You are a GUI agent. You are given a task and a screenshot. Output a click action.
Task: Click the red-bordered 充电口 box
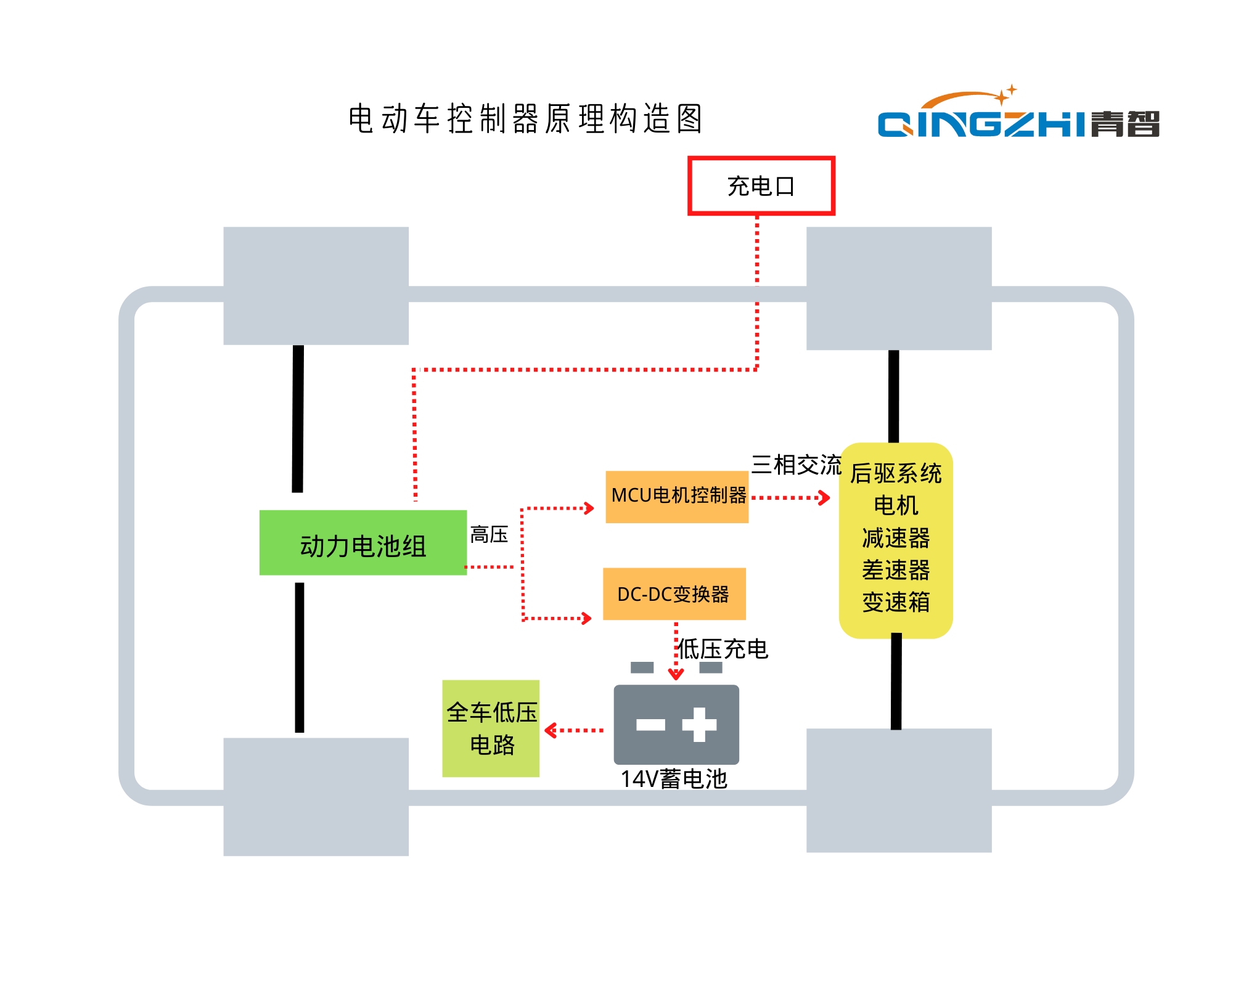[x=761, y=185]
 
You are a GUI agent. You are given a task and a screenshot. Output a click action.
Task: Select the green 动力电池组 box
[x=363, y=543]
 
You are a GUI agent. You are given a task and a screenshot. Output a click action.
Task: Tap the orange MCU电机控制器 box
[x=677, y=497]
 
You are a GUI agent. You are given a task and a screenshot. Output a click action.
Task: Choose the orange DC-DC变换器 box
[x=674, y=594]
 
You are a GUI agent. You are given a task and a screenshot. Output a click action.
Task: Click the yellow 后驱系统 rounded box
[x=896, y=540]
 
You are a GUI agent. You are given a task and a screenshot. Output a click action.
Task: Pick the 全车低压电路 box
[x=491, y=728]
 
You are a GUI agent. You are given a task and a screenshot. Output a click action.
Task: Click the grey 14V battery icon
[x=676, y=725]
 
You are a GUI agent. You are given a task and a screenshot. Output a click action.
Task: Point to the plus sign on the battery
[x=699, y=725]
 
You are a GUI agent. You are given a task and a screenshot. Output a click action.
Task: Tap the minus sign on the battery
[x=650, y=725]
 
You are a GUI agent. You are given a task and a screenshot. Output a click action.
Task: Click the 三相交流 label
[x=796, y=465]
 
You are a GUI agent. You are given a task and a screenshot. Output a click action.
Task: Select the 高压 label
[x=489, y=534]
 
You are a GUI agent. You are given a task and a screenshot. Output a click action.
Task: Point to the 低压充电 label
[x=723, y=649]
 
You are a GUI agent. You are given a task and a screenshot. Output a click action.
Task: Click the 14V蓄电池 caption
[x=674, y=779]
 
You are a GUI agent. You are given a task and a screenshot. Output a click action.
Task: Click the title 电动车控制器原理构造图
[x=525, y=118]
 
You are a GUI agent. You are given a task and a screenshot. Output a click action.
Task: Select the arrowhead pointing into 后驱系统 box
[x=825, y=497]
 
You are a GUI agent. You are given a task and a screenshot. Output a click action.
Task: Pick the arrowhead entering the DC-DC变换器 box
[x=588, y=618]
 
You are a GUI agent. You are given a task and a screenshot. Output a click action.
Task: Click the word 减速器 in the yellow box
[x=896, y=538]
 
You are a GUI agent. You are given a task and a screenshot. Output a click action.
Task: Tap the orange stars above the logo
[x=1006, y=94]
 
